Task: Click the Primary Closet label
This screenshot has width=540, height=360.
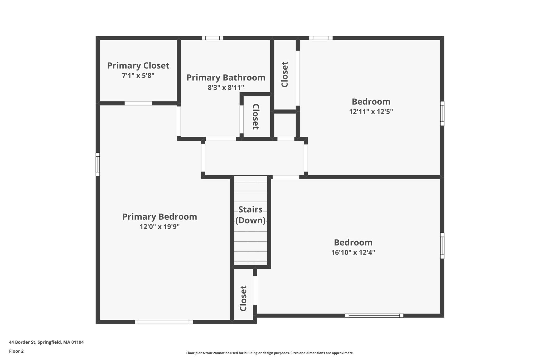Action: [x=138, y=66]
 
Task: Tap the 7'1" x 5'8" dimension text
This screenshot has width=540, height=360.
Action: [x=138, y=76]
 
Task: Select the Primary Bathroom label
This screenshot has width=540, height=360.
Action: [x=226, y=78]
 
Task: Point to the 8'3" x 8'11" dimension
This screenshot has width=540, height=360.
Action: [x=226, y=88]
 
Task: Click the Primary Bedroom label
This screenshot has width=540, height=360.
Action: [x=160, y=217]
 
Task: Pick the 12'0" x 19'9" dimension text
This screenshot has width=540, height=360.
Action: [x=160, y=227]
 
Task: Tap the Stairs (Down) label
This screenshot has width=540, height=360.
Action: [x=250, y=215]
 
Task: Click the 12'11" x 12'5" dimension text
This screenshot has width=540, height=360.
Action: [x=371, y=112]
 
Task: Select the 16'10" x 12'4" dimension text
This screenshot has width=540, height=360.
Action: [x=353, y=252]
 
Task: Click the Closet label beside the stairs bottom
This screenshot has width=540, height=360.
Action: [x=243, y=298]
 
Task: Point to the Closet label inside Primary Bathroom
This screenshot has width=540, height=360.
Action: [x=256, y=117]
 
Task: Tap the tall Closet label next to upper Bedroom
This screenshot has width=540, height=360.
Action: [x=285, y=74]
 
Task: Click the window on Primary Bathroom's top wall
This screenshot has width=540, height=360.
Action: [x=213, y=38]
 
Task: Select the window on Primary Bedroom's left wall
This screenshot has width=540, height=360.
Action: [x=98, y=164]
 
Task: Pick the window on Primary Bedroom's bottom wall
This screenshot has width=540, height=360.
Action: [x=164, y=322]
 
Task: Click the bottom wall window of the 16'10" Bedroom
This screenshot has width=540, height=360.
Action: [x=374, y=315]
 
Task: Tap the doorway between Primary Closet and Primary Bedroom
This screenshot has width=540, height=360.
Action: [x=138, y=103]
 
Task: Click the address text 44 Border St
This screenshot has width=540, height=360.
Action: [x=46, y=342]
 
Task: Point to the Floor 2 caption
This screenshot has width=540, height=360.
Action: [x=16, y=351]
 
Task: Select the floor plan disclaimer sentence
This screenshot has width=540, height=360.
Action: [x=270, y=353]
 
